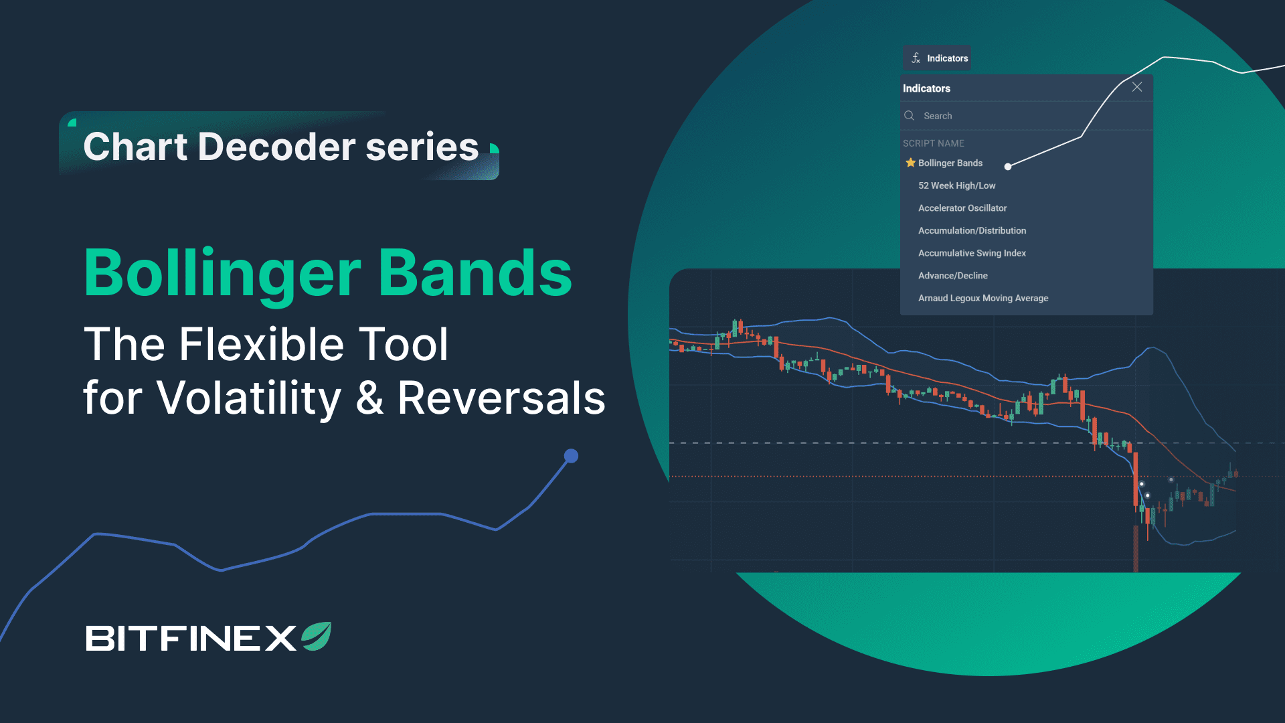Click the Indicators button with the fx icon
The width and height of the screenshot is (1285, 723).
tap(937, 58)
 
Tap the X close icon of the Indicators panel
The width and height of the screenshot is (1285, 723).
tap(1137, 87)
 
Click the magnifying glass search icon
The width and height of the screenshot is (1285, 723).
tap(909, 116)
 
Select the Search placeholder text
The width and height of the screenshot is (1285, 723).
tap(938, 116)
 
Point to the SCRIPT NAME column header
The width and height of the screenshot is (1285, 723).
tap(934, 143)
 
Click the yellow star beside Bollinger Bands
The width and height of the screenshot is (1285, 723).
tap(910, 163)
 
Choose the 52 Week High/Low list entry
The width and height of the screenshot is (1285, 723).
tap(957, 185)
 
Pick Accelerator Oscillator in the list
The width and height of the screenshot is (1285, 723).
tap(962, 208)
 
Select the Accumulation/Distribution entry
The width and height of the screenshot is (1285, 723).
tap(972, 230)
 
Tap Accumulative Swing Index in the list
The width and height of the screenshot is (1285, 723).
tap(972, 253)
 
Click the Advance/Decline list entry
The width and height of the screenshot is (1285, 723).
tap(953, 276)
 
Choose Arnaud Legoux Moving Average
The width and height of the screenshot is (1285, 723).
tap(984, 298)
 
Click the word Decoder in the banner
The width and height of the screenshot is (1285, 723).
tap(277, 147)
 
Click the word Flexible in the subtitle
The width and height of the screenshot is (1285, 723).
tap(262, 344)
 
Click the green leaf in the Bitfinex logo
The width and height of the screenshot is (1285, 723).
tap(317, 636)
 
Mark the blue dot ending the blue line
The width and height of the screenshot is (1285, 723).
tap(571, 456)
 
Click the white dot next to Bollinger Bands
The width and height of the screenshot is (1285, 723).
tap(1008, 166)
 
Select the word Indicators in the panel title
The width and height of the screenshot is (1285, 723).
tap(926, 88)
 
